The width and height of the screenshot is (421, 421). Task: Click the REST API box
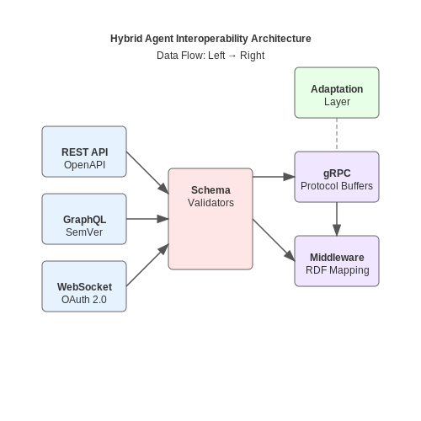(84, 152)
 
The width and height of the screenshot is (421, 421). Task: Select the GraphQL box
(84, 219)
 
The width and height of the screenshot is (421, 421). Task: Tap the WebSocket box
(84, 286)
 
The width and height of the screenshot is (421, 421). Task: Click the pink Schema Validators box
(210, 219)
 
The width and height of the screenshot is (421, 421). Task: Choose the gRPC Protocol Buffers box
(337, 177)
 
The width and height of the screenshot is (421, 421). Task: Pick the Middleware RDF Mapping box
(337, 261)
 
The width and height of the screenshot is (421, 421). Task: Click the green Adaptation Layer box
(337, 93)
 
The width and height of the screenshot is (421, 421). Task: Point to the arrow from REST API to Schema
(147, 173)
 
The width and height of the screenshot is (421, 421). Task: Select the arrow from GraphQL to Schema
(147, 219)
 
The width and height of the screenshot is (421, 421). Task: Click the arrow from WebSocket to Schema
(147, 265)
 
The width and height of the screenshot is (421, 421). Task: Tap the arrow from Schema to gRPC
(274, 177)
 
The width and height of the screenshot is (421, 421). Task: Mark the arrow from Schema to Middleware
(274, 240)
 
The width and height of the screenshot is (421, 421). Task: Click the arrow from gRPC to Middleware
(337, 219)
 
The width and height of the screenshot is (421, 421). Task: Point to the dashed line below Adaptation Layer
(337, 135)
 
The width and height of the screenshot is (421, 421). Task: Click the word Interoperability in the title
(212, 39)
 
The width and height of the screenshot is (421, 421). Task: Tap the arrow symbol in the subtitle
(232, 56)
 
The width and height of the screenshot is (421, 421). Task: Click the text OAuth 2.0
(84, 300)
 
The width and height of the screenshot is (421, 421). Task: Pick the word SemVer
(84, 232)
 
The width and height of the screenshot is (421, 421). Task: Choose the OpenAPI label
(84, 165)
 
